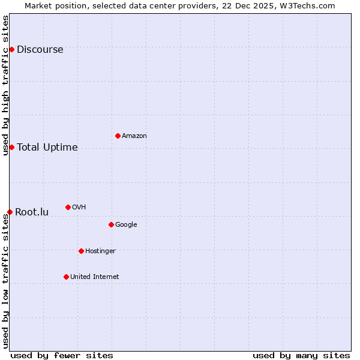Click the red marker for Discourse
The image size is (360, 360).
click(x=11, y=49)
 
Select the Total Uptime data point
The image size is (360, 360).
click(x=11, y=147)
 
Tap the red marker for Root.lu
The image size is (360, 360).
click(x=10, y=212)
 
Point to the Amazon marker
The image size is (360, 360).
click(x=118, y=136)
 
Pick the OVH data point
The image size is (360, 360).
click(x=68, y=207)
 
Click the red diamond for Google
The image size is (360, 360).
click(x=111, y=224)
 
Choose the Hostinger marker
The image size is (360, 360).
click(x=81, y=251)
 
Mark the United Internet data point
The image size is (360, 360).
click(x=66, y=277)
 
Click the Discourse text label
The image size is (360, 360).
click(x=40, y=50)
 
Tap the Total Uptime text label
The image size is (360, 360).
click(x=47, y=148)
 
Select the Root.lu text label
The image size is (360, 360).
click(x=32, y=212)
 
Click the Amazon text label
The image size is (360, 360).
click(x=134, y=136)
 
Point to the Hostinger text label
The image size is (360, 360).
click(x=100, y=251)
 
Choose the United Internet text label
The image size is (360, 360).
click(x=95, y=277)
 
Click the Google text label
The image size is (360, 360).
click(x=126, y=225)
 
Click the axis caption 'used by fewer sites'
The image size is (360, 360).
click(x=62, y=355)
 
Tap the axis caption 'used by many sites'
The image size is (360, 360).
click(x=301, y=355)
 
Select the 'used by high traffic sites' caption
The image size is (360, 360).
click(x=5, y=85)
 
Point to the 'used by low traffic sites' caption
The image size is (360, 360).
click(x=5, y=281)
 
